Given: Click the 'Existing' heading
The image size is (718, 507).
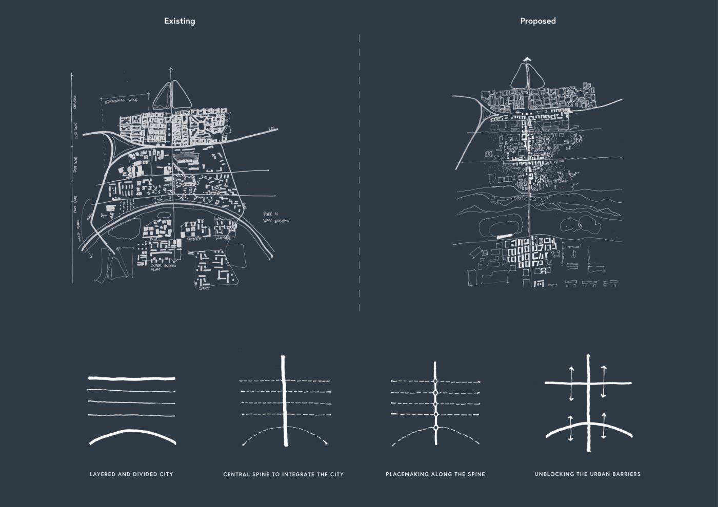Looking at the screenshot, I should point(180,21).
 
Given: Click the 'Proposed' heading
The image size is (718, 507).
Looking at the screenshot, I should point(537,21).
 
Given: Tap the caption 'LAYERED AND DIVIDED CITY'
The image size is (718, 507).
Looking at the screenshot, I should point(131,474).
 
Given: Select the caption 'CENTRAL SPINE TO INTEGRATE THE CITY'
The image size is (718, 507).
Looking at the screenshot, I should point(283,474).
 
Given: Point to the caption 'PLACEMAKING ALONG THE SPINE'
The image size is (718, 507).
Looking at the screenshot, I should point(435,474).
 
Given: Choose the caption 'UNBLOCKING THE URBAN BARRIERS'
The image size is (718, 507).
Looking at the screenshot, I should point(587,474).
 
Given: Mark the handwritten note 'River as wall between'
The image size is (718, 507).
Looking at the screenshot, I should point(275,217).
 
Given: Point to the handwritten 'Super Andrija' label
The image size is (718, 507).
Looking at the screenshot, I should point(163,267).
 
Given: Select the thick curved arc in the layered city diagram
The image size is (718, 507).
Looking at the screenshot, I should point(133,434).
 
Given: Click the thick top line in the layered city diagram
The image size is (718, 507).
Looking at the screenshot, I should point(132,378).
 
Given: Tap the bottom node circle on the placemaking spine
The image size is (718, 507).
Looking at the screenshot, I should point(435,427).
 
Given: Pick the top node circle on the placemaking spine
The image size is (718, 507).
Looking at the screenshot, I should point(435,382).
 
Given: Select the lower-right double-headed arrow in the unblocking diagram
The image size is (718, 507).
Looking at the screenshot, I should point(604,425).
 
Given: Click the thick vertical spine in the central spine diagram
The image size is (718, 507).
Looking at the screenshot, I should point(283,405).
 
